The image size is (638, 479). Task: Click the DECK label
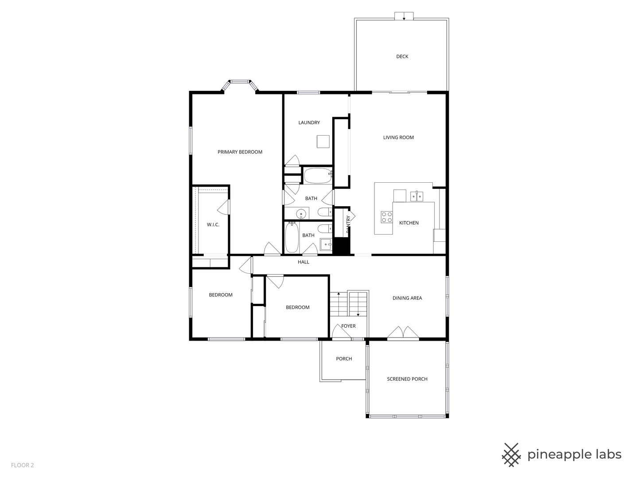pos(402,56)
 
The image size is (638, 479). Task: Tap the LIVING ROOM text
pos(398,137)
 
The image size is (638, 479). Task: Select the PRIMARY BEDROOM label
pos(240,152)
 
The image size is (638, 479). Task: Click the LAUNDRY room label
pos(309,123)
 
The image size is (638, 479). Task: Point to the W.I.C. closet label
pos(213,225)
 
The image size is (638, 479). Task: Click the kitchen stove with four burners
pos(386,217)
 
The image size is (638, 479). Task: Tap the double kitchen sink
pos(416,196)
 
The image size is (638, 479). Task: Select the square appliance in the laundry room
pos(323,141)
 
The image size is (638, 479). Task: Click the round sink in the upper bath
pos(301,214)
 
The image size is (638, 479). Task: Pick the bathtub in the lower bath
pos(292,237)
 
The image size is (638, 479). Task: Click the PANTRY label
pos(348,224)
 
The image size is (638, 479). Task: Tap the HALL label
pos(303,262)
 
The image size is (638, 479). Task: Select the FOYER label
pos(348,326)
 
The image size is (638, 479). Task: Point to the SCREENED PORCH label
pos(407,379)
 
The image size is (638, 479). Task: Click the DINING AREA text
pos(407,298)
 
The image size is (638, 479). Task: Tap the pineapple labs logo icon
pos(511,455)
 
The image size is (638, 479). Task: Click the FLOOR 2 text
pos(22,465)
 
